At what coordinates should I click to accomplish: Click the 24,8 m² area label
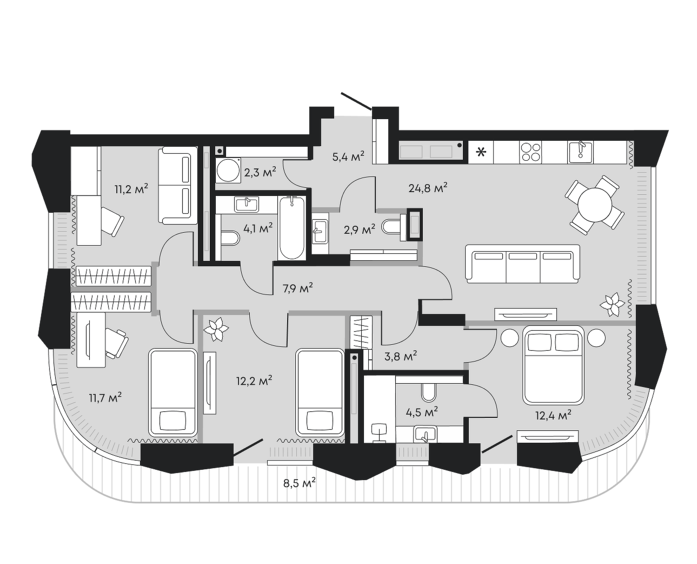(428, 188)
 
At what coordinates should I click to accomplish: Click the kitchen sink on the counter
(581, 152)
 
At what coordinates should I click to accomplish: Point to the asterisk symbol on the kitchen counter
(481, 152)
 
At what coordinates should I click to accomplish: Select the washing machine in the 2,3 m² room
(228, 170)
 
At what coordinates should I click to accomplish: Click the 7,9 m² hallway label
(297, 288)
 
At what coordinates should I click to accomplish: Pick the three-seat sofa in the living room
(522, 264)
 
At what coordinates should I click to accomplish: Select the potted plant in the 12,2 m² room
(216, 329)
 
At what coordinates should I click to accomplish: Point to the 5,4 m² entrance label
(348, 156)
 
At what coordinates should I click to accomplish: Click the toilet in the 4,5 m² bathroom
(429, 392)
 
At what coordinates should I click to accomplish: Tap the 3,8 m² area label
(401, 356)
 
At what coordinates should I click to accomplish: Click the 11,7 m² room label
(105, 398)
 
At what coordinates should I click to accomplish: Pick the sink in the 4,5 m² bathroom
(425, 434)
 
